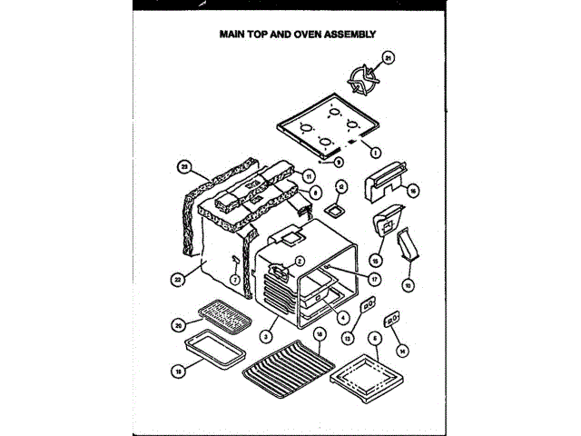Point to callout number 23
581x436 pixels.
point(182,166)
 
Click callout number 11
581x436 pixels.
point(309,175)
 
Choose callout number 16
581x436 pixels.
point(412,191)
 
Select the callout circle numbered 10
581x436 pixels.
point(408,285)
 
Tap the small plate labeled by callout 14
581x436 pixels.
point(393,320)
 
